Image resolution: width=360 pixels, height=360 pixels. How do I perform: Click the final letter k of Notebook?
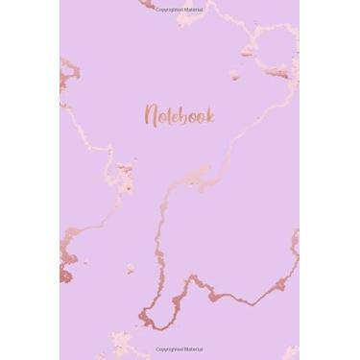[209, 114]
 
